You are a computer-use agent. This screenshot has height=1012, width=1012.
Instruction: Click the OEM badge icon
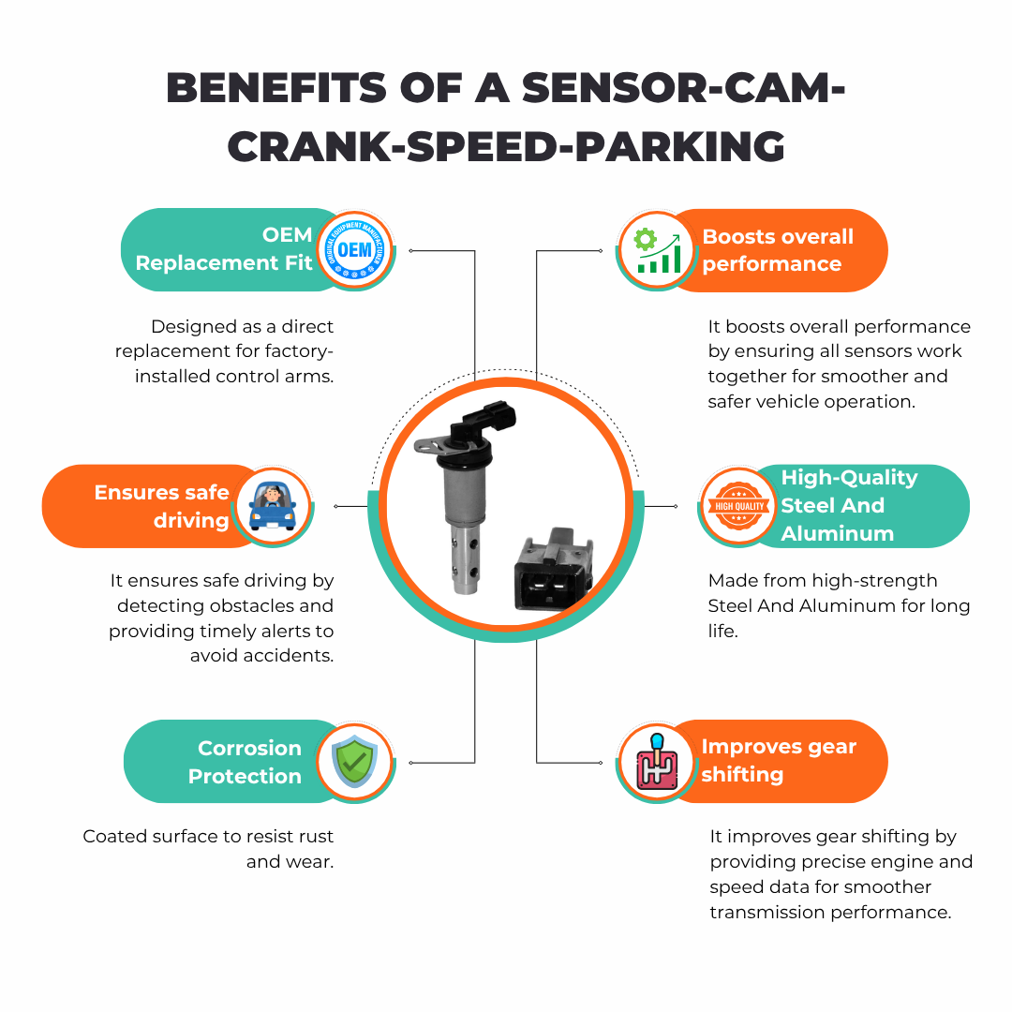[354, 249]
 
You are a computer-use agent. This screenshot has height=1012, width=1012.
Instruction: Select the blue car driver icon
[272, 506]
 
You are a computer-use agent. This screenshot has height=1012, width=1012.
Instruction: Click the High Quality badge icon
[739, 506]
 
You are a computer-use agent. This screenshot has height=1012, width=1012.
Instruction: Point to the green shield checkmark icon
[354, 761]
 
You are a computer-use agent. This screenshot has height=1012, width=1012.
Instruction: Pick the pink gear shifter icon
[657, 761]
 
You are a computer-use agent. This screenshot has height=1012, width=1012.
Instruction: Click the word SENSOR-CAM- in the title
[683, 87]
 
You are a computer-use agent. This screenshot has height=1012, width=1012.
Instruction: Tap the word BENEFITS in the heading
[276, 87]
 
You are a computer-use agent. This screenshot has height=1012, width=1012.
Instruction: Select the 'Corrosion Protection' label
[245, 762]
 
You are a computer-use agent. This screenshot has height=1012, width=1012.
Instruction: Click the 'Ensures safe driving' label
[161, 506]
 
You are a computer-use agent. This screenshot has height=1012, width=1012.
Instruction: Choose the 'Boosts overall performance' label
[778, 250]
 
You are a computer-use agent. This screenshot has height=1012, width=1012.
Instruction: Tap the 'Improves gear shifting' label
[779, 760]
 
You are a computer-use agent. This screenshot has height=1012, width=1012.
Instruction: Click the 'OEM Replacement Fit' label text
[224, 250]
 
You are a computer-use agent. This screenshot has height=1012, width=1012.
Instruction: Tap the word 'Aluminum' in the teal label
[837, 533]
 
